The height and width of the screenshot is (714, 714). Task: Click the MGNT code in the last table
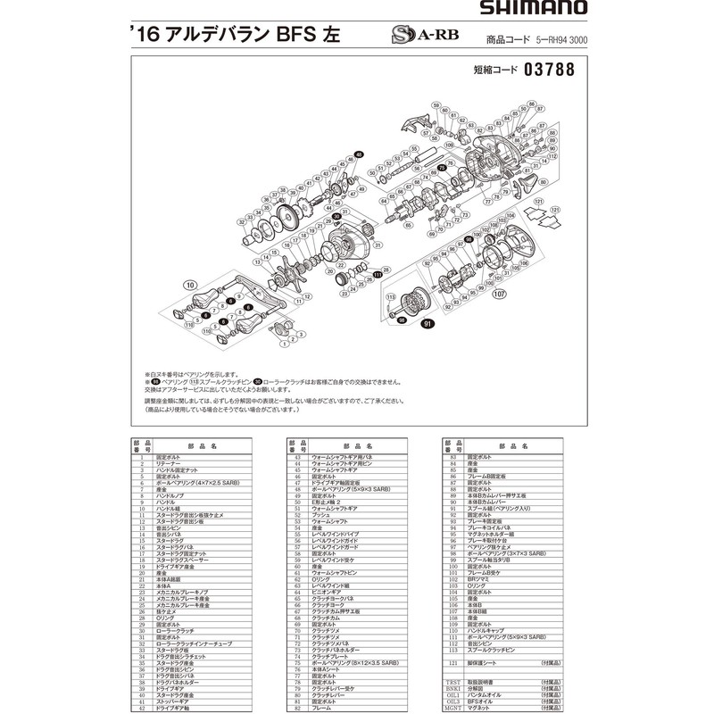[x=452, y=708]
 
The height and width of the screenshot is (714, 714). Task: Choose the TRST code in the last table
[x=452, y=683]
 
